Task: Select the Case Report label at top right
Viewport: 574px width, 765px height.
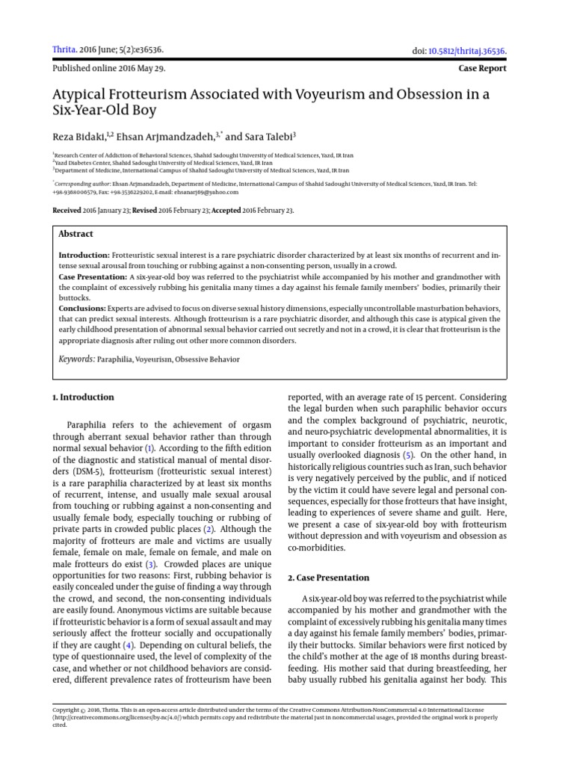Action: (x=482, y=68)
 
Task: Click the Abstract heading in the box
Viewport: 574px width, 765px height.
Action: (x=75, y=234)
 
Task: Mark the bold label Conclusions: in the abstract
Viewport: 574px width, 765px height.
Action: (x=82, y=308)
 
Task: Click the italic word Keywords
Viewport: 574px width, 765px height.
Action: (x=77, y=359)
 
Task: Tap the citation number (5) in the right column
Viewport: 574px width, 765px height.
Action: (x=407, y=455)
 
